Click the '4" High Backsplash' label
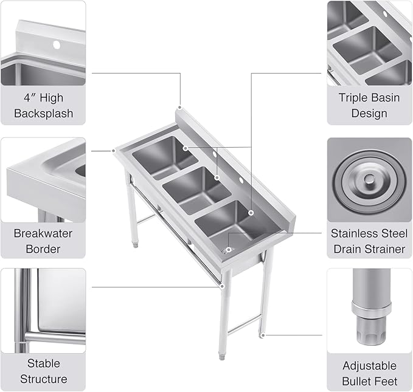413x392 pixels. coord(43,105)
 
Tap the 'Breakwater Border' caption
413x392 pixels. coord(43,241)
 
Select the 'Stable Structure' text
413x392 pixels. coord(43,371)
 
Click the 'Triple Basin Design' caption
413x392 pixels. coord(369,105)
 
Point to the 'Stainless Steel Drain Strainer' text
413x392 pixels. coord(369,241)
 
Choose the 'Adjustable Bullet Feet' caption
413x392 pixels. coord(369,374)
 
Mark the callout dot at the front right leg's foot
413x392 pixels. coord(262,334)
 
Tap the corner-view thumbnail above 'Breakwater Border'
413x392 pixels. coord(43,179)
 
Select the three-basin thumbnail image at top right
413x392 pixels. coord(369,43)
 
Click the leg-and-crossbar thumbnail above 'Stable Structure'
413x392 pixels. coord(43,310)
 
